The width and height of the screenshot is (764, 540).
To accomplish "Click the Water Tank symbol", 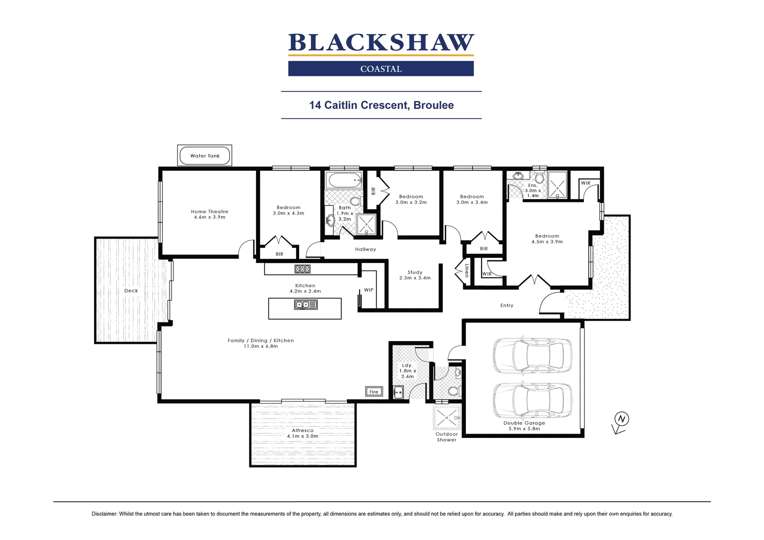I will coord(204,155).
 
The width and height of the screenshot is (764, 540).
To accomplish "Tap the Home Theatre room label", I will coord(209,211).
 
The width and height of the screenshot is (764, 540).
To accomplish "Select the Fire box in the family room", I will coord(374,391).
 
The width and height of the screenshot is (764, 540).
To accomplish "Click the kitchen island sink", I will coord(305,304).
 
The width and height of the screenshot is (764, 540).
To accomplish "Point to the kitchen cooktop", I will coord(302,269).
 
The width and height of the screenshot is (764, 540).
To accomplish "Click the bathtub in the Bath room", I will coord(343,180).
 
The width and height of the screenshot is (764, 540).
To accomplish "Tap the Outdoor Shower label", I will coord(446,437).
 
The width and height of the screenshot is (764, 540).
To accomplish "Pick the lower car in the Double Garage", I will coord(532,400).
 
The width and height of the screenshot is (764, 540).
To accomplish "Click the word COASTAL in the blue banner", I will coord(381,69).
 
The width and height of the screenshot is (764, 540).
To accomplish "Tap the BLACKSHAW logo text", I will coord(381,43).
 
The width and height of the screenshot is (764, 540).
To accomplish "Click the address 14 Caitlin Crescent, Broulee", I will coord(381,105).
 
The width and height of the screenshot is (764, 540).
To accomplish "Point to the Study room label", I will coord(415,272).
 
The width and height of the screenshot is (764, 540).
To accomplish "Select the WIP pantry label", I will coord(368,290).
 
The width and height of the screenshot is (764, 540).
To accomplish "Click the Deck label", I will coord(131,290).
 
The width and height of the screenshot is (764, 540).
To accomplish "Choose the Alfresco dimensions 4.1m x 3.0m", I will coord(302,436).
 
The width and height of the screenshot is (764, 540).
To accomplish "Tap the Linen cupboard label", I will coord(466,270).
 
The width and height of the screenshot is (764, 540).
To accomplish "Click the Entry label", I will coord(506,305).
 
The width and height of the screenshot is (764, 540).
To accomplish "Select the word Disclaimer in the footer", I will coord(104,514).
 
